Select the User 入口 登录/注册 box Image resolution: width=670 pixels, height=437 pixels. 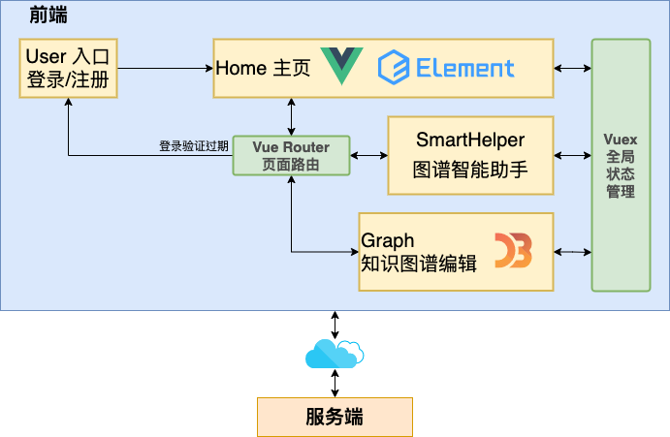[68, 68]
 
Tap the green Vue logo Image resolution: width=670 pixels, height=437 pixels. [341, 66]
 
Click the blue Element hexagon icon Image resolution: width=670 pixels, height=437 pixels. [394, 68]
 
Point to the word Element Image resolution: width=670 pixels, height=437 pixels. [465, 68]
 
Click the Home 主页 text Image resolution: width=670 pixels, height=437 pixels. [263, 69]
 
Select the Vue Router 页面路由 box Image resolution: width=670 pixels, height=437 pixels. [291, 155]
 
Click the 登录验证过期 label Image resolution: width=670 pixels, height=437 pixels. [194, 146]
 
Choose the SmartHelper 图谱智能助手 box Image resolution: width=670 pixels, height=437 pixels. [470, 155]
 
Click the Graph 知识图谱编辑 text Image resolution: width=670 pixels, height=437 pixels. [418, 252]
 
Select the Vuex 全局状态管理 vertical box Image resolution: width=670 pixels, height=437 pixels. [621, 165]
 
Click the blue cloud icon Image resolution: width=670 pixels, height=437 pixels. [335, 354]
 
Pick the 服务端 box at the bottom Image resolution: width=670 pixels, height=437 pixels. [335, 418]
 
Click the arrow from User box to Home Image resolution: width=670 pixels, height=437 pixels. [165, 68]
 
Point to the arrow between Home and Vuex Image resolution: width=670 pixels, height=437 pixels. [572, 68]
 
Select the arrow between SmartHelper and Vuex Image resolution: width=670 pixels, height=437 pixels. [572, 155]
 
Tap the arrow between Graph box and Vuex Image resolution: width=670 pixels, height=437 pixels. [572, 252]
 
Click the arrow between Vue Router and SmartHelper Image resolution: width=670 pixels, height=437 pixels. [368, 155]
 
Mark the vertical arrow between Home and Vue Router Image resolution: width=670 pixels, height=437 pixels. [291, 116]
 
